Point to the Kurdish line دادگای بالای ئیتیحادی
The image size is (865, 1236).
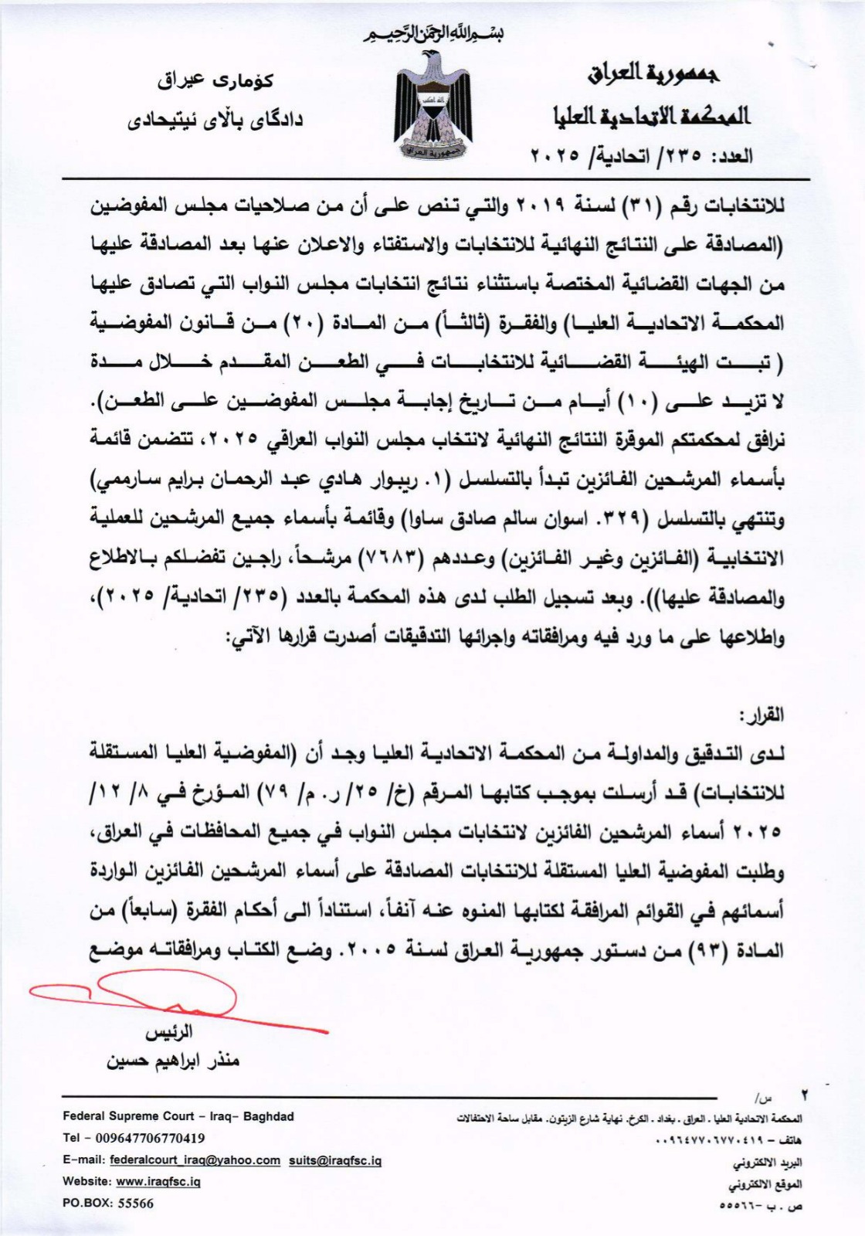(215, 120)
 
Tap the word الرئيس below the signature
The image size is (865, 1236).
(169, 1032)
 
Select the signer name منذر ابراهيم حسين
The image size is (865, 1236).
(173, 1060)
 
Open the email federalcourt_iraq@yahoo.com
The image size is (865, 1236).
(195, 1160)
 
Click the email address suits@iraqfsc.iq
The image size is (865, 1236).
(335, 1160)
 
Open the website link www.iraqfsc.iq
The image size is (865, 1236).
(158, 1182)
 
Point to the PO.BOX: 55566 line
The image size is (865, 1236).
(108, 1204)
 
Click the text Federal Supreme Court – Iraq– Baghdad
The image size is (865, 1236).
(178, 1116)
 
